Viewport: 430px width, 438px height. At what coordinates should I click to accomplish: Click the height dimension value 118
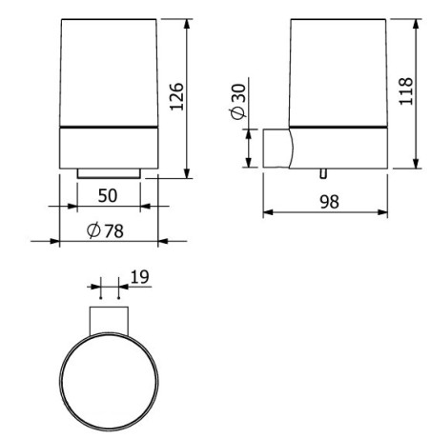pyautogui.click(x=406, y=92)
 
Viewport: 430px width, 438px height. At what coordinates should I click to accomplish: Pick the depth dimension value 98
pyautogui.click(x=330, y=201)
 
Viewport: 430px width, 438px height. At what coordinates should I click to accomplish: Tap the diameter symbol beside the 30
pyautogui.click(x=238, y=112)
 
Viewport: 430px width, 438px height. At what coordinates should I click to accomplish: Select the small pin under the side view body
pyautogui.click(x=323, y=173)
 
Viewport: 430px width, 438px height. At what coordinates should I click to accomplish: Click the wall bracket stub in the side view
pyautogui.click(x=276, y=149)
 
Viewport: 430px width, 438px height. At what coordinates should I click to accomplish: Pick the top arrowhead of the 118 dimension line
pyautogui.click(x=417, y=21)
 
